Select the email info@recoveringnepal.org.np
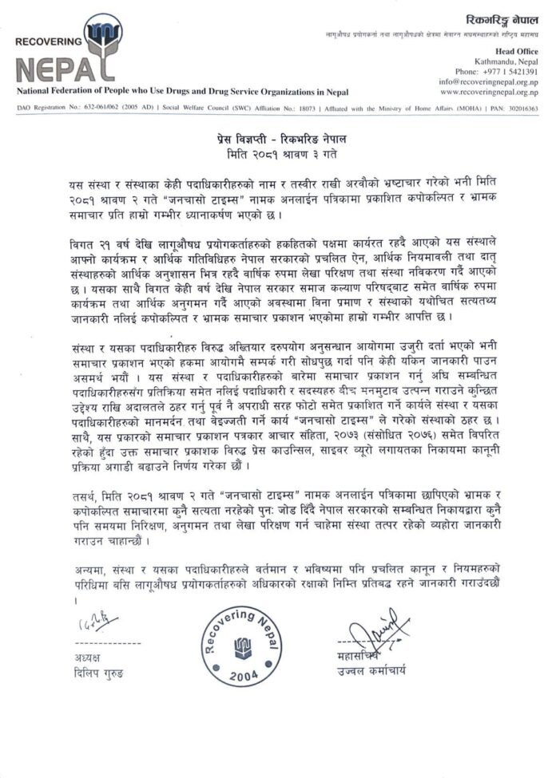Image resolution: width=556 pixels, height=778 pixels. pyautogui.click(x=487, y=81)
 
